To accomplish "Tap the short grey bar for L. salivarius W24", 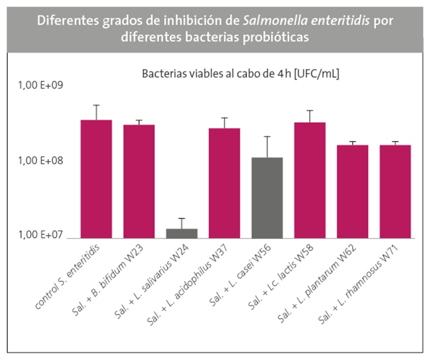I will click(182, 233).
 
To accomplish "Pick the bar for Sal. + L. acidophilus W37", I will click(224, 183).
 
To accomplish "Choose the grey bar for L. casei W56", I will click(267, 197).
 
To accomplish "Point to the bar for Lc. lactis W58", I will click(310, 180).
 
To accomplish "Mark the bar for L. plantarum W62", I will click(352, 191).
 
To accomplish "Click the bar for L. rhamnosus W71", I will click(395, 191).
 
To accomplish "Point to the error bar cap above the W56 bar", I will click(267, 136).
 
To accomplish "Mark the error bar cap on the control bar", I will click(96, 105).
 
